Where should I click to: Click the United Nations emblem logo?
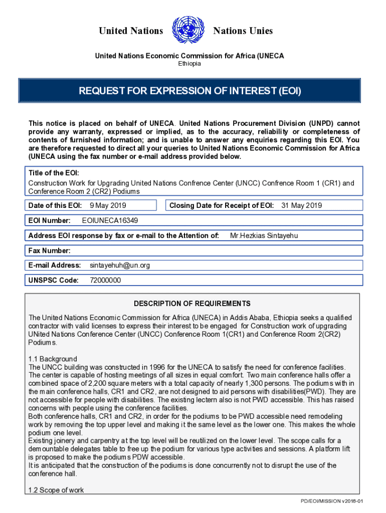tap(188, 31)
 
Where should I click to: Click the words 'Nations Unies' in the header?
tap(243, 31)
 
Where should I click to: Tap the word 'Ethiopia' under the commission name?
tap(189, 64)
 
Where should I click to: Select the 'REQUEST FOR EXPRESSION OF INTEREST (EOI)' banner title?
tap(189, 91)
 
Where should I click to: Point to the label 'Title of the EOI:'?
tap(54, 173)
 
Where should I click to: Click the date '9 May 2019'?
tap(108, 205)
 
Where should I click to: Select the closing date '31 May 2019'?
tap(302, 205)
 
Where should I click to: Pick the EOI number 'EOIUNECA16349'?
tap(110, 220)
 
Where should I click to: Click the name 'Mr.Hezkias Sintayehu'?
tap(264, 235)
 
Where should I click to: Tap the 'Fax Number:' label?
tap(49, 250)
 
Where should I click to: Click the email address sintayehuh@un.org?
tap(120, 265)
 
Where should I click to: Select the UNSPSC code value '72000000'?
tap(105, 281)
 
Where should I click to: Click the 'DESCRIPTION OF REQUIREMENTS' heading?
tap(192, 304)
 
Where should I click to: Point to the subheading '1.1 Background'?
tap(53, 359)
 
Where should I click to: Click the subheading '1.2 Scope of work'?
tap(56, 490)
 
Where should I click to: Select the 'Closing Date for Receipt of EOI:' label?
tap(222, 205)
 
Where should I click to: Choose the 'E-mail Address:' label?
tap(55, 265)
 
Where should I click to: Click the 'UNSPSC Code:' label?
tap(53, 281)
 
